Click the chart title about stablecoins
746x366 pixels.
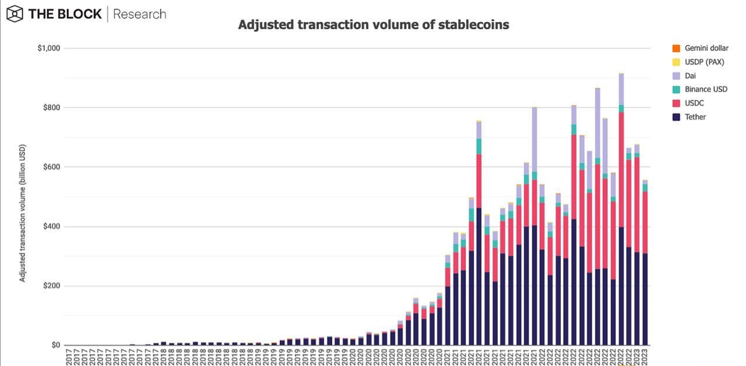[373, 25]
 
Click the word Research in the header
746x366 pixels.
[140, 14]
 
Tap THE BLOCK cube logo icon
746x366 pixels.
[15, 14]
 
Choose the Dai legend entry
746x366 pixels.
[690, 76]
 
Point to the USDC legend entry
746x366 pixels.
[694, 103]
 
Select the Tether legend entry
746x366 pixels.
[695, 117]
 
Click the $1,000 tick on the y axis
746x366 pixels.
[49, 48]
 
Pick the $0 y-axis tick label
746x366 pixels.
[55, 345]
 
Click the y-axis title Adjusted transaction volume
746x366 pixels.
[23, 213]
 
